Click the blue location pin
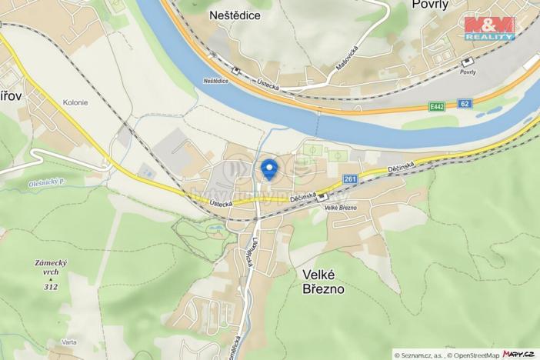(x=268, y=168)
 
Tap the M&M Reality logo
(x=489, y=28)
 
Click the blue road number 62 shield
(x=464, y=102)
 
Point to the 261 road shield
(x=351, y=179)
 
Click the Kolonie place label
(x=75, y=102)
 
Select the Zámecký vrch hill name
(x=51, y=268)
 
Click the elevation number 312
(x=51, y=287)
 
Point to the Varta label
(x=70, y=342)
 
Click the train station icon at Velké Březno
(x=322, y=197)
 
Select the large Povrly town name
(x=429, y=5)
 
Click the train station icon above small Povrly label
(x=466, y=62)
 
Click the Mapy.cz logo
(x=519, y=355)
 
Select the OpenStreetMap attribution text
(x=470, y=355)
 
